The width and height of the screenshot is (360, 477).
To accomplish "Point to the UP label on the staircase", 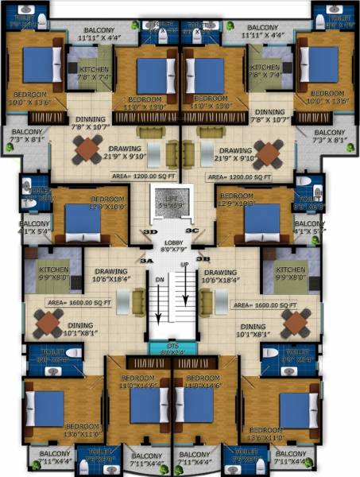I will point(185,264).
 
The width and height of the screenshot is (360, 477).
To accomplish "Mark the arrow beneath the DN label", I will point(159,314).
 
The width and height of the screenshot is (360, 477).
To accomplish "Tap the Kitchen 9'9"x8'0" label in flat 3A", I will point(54,274).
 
